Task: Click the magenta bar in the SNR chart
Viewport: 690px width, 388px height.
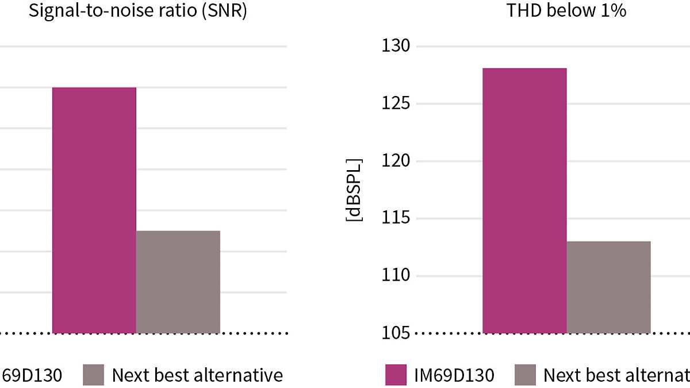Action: click(94, 210)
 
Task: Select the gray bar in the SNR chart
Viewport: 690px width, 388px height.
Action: click(178, 282)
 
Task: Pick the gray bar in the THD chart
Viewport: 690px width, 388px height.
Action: click(608, 287)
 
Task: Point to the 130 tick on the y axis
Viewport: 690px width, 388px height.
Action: click(396, 46)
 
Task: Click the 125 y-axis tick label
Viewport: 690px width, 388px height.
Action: click(396, 103)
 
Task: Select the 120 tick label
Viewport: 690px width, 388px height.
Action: click(396, 161)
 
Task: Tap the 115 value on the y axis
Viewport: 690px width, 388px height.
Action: click(396, 218)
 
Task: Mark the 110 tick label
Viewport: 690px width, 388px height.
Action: click(396, 276)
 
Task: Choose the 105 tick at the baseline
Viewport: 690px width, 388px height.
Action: click(396, 333)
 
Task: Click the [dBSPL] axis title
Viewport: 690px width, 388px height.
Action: click(354, 189)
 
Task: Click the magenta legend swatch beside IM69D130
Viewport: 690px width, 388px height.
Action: click(396, 375)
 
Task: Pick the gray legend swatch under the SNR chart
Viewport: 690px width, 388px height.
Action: click(94, 375)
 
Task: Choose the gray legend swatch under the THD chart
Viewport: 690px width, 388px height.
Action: click(525, 375)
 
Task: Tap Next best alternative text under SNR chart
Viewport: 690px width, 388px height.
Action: click(197, 375)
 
